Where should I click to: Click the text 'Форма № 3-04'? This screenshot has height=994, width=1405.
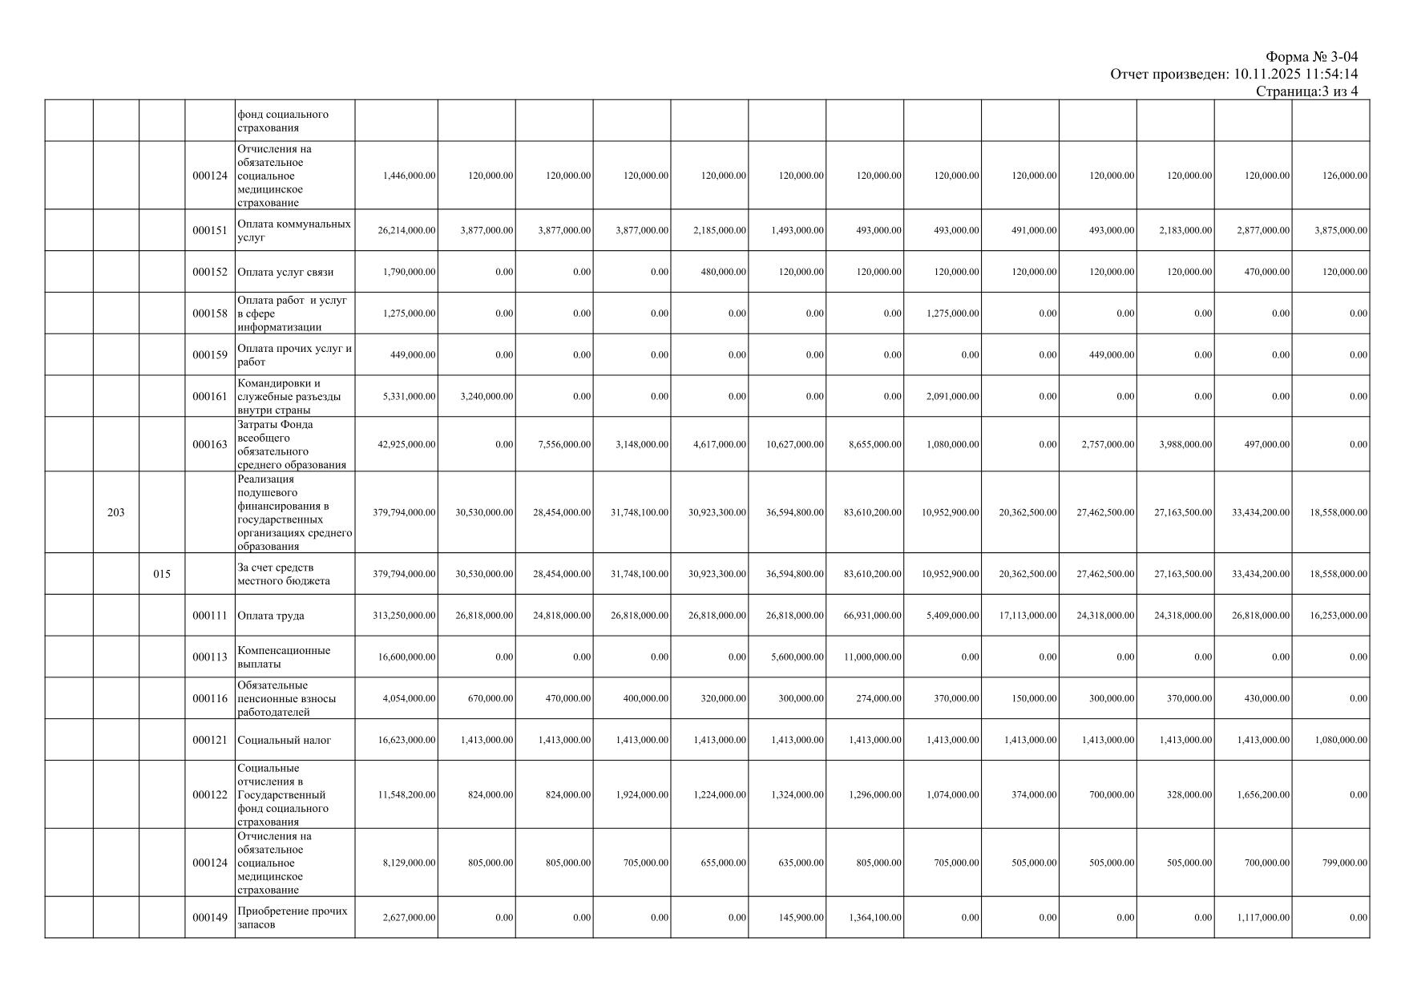pyautogui.click(x=1311, y=57)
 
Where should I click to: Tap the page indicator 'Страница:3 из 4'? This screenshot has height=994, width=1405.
pyautogui.click(x=1306, y=91)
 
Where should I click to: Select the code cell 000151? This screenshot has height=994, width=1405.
pyautogui.click(x=210, y=231)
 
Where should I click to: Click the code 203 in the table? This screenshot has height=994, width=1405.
pyautogui.click(x=115, y=513)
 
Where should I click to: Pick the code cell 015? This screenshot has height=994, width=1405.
pyautogui.click(x=162, y=574)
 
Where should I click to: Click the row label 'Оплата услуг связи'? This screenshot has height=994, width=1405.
pyautogui.click(x=285, y=273)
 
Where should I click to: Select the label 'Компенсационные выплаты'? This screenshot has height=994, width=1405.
pyautogui.click(x=284, y=657)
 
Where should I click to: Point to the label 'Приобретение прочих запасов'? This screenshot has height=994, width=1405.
pyautogui.click(x=293, y=918)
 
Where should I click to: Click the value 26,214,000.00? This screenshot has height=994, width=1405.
pyautogui.click(x=407, y=231)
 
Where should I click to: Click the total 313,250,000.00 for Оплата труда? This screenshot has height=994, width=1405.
pyautogui.click(x=405, y=616)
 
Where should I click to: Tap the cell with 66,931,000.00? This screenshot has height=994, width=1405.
pyautogui.click(x=875, y=616)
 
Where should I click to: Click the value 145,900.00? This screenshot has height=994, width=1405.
pyautogui.click(x=801, y=918)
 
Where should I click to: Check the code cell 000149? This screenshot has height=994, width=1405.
pyautogui.click(x=210, y=918)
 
